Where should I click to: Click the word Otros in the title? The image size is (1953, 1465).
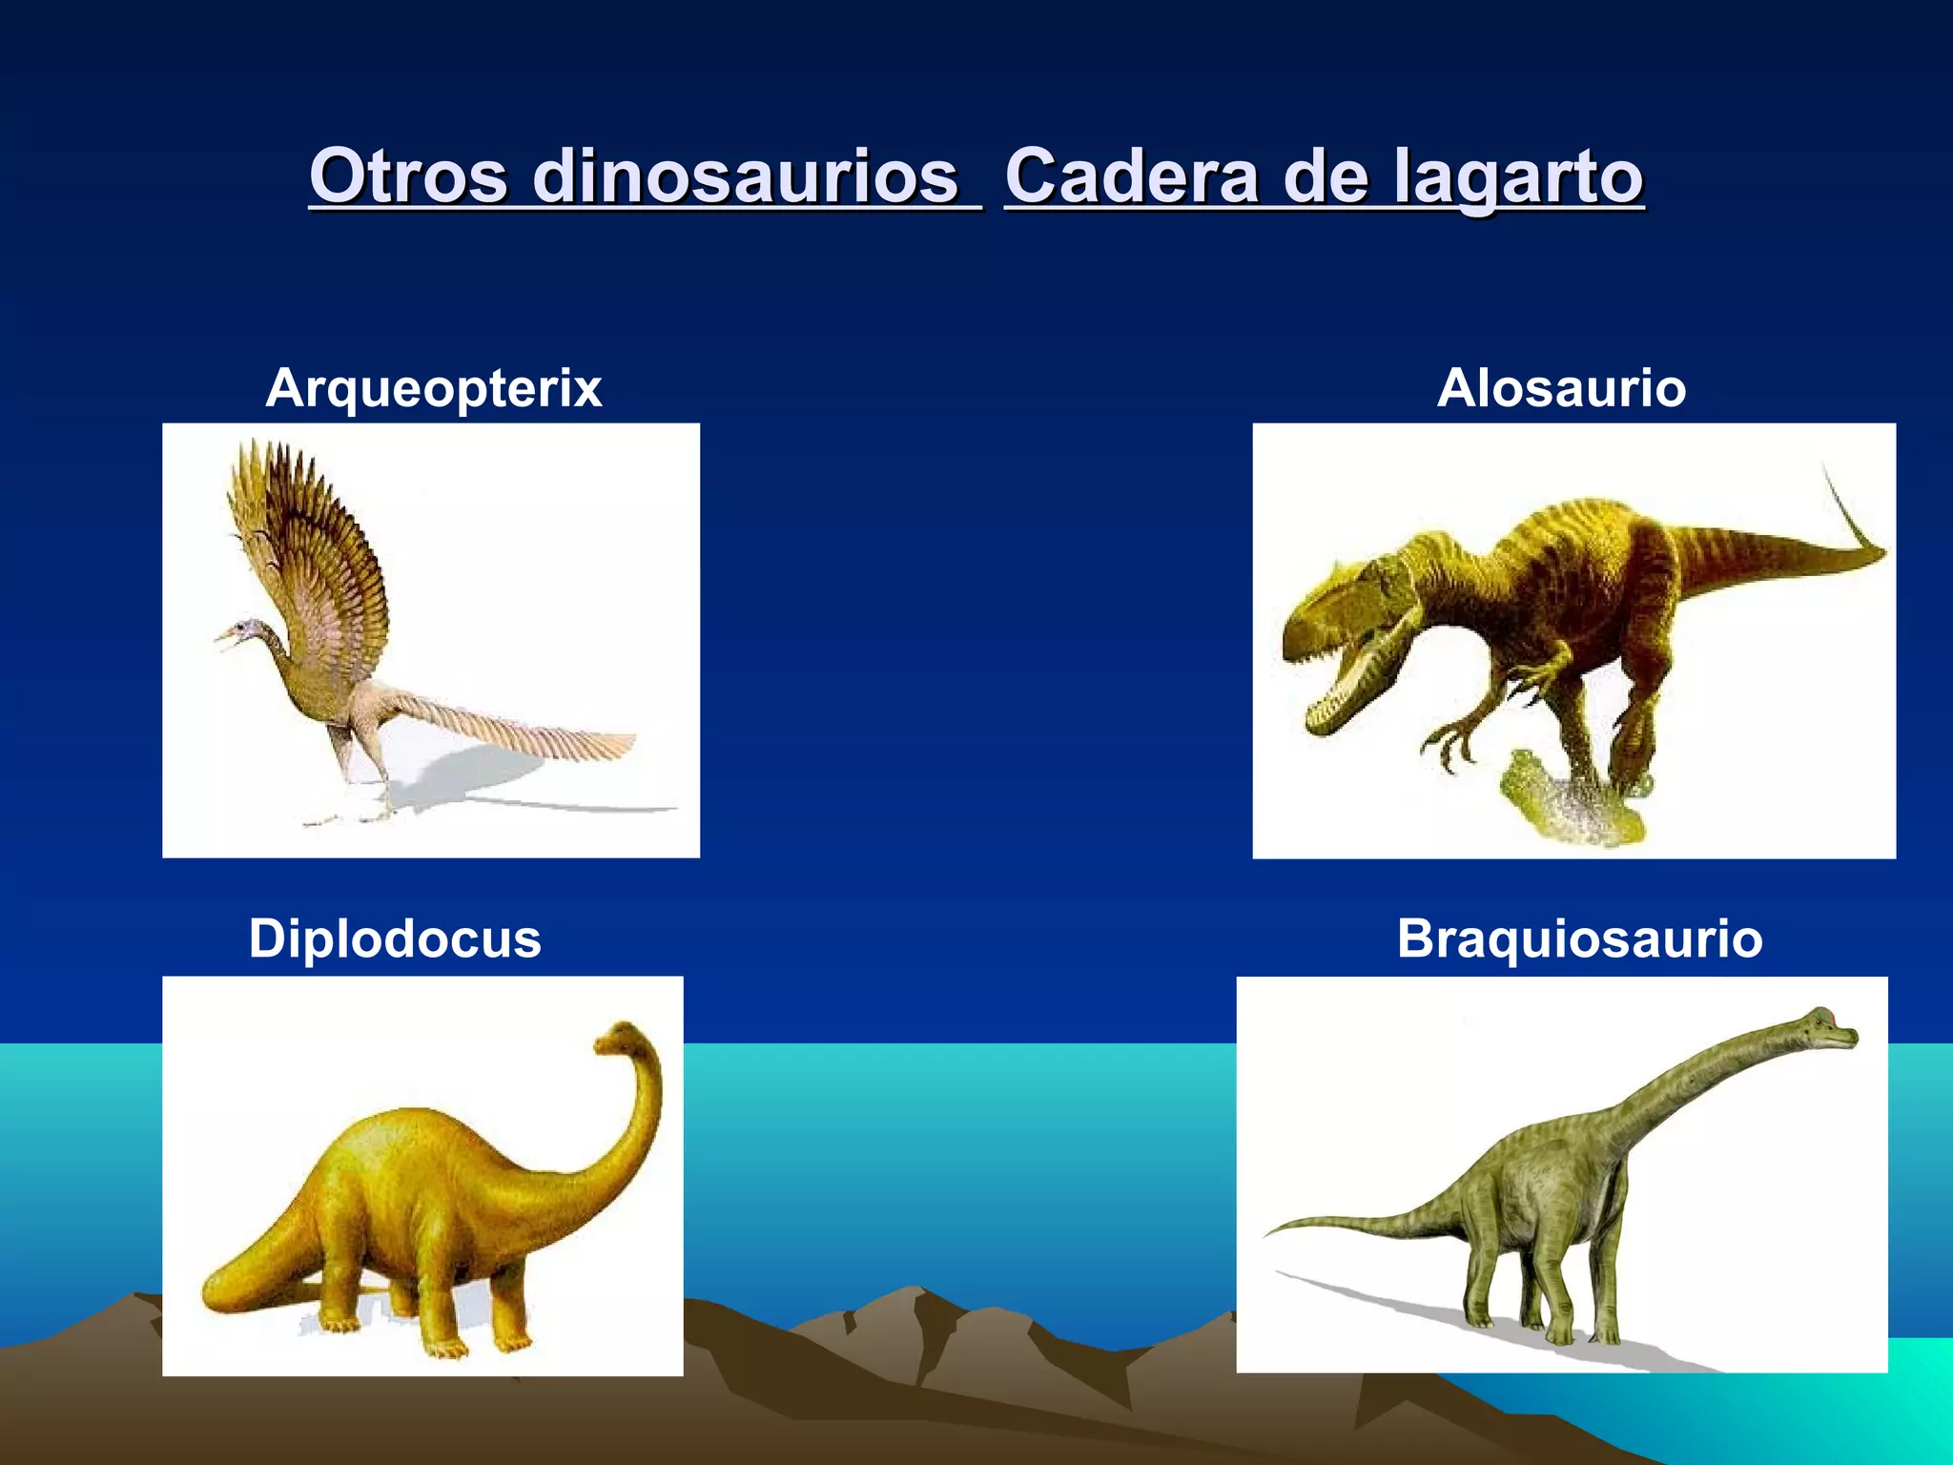point(407,176)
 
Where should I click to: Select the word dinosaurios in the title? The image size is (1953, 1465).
point(745,176)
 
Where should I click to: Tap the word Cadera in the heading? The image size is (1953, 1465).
point(1131,176)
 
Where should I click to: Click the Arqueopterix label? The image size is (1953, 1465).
point(434,388)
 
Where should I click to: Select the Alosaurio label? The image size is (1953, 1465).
point(1561,388)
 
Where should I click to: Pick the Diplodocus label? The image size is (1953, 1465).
point(395,939)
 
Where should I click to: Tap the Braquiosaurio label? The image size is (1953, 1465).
point(1579,939)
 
